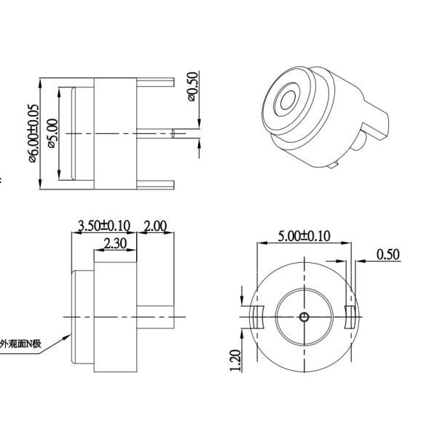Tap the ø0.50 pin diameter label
(192, 87)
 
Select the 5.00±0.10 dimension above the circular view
(304, 236)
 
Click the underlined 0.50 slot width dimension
(387, 253)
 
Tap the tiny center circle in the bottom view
(304, 317)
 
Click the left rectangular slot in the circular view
(256, 317)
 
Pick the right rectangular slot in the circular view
(351, 317)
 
